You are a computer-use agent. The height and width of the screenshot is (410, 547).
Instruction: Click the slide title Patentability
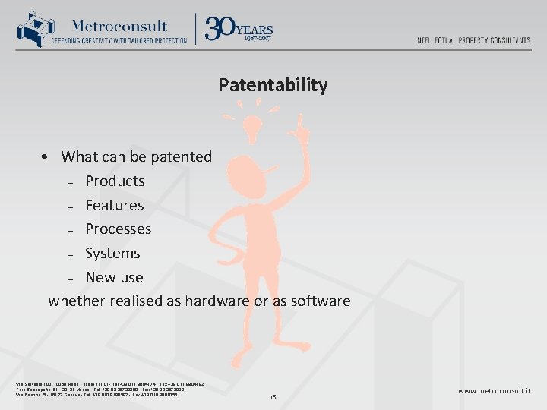(273, 84)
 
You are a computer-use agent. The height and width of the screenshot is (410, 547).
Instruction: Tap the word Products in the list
(115, 181)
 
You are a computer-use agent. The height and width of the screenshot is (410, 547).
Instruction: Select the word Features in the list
(115, 205)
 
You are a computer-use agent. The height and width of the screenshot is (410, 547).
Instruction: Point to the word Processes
(119, 229)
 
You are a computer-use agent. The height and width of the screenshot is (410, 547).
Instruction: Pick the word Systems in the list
(112, 253)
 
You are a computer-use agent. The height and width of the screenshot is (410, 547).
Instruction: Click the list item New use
(114, 277)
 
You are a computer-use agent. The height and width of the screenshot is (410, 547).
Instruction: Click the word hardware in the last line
(214, 301)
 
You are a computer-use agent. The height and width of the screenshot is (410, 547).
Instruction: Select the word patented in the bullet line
(181, 156)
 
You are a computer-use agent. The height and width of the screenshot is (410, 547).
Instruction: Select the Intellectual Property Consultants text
(473, 40)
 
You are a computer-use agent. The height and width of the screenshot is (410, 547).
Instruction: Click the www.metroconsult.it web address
(495, 391)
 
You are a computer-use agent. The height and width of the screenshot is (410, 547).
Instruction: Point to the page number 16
(273, 397)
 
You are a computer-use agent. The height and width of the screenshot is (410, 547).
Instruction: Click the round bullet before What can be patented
(46, 157)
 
